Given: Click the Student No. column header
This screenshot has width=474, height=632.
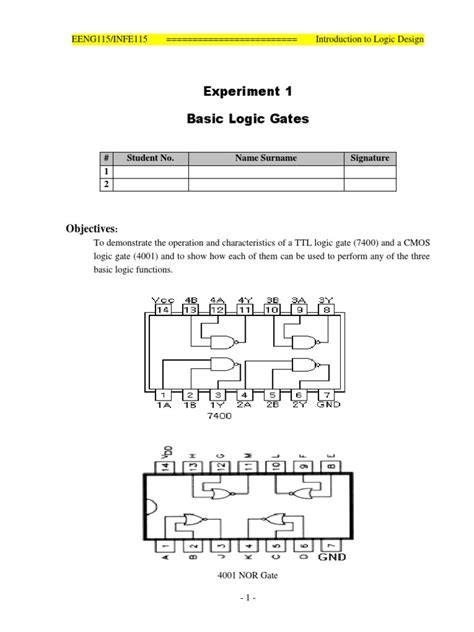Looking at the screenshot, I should click(150, 158).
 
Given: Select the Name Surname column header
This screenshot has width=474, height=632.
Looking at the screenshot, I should click(266, 158).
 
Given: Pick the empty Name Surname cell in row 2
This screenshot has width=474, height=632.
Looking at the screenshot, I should click(266, 184).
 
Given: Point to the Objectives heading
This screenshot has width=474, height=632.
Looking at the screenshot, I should click(91, 229).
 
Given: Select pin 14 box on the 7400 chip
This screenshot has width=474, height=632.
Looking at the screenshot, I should click(162, 311).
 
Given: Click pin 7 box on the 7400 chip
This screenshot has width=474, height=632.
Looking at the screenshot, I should click(326, 394).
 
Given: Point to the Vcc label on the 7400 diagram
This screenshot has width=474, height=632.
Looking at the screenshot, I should click(162, 299).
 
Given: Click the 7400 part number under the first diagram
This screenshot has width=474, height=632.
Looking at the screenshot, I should click(219, 414).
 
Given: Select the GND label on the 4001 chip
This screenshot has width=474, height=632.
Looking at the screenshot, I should click(331, 556).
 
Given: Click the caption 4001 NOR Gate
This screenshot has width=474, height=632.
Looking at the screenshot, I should click(246, 577).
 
